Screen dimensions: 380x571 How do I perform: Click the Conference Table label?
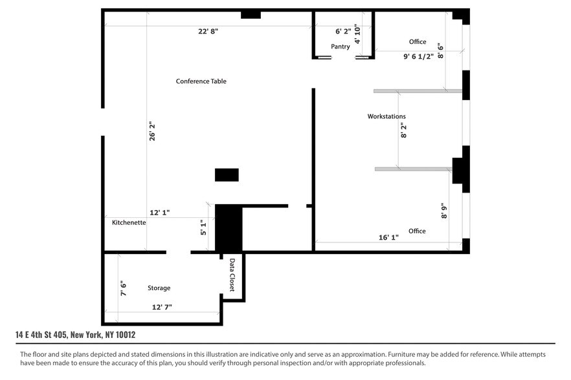coord(201,81)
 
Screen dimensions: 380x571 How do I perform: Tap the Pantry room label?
coord(341,47)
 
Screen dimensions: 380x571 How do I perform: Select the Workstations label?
coord(386,116)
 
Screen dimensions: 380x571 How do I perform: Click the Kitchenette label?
coord(129,222)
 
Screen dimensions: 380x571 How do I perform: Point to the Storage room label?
coord(159,288)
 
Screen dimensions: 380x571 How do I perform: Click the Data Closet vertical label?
coord(232,275)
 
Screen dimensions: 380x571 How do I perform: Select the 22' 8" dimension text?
coord(208,32)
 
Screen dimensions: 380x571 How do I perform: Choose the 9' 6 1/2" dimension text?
coord(418,56)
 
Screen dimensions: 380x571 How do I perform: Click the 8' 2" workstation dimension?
coord(403,131)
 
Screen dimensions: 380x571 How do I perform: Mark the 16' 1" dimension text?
coord(388,237)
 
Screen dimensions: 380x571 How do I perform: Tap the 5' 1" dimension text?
coord(203,227)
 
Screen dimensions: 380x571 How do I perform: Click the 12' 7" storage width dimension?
coord(162,307)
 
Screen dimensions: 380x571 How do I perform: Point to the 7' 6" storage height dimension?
coord(123,288)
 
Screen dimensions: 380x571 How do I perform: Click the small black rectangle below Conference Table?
coord(227,175)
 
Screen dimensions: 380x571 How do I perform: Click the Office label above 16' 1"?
coord(417,231)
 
